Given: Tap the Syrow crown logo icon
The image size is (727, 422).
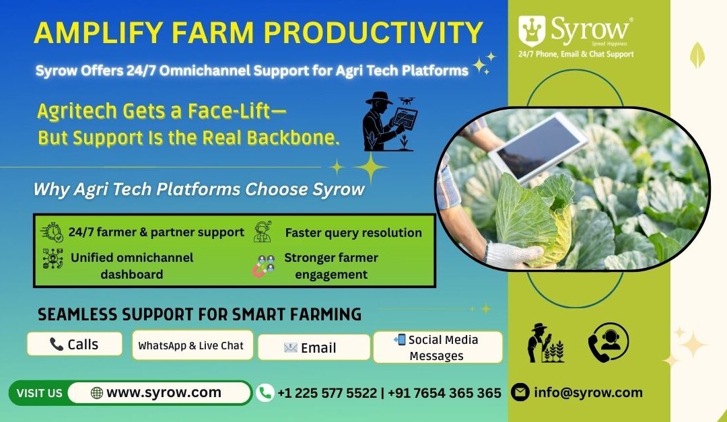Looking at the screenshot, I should tap(532, 30).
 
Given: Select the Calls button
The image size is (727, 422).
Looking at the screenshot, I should tap(74, 344).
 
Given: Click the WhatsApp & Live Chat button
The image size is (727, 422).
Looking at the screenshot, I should tap(192, 345).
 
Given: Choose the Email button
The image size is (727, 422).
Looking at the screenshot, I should tap(313, 347).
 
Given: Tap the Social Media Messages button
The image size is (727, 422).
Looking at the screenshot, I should tap(437, 347).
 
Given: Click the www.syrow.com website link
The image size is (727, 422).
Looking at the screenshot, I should tap(160, 392).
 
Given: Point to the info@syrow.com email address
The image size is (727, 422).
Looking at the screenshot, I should tap(588, 392).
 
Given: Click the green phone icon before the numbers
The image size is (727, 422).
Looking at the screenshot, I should tap(265, 392).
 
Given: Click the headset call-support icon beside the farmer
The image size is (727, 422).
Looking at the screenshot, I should tap(608, 343).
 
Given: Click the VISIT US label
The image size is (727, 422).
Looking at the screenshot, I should tap(39, 393).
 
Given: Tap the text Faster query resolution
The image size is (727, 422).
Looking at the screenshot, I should tap(353, 233).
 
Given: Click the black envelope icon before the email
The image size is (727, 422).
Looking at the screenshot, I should tap(520, 392).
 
